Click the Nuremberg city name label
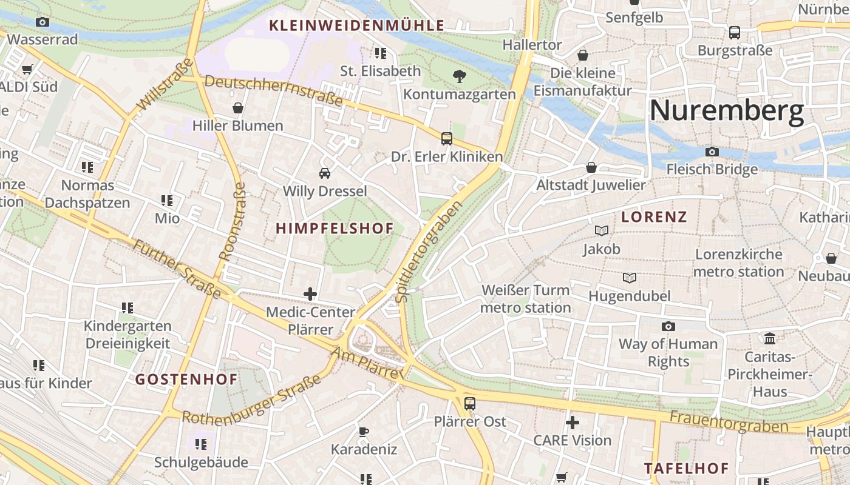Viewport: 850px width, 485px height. tap(726, 112)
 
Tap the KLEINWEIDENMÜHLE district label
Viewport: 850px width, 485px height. tap(356, 25)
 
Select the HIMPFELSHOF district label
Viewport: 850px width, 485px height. tap(335, 229)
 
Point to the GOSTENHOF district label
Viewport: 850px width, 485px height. tap(186, 380)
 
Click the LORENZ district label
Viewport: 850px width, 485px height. tap(654, 217)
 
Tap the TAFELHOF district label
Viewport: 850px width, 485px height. tap(686, 469)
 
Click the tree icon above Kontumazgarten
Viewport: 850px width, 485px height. tap(460, 76)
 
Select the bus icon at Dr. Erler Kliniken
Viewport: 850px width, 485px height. tap(447, 138)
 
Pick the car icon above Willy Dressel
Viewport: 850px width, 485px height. tap(325, 173)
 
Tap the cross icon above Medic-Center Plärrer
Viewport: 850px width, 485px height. tap(310, 295)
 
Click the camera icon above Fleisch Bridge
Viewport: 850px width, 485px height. tap(712, 152)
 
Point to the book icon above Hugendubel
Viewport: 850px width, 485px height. tap(630, 278)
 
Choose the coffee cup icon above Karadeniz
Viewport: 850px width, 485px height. tap(364, 432)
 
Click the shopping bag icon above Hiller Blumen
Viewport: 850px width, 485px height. tap(238, 108)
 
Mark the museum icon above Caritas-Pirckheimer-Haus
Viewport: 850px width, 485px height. tap(770, 338)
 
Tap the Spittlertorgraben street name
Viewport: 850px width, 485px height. tap(429, 251)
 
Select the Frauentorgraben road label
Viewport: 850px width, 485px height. tap(728, 422)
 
